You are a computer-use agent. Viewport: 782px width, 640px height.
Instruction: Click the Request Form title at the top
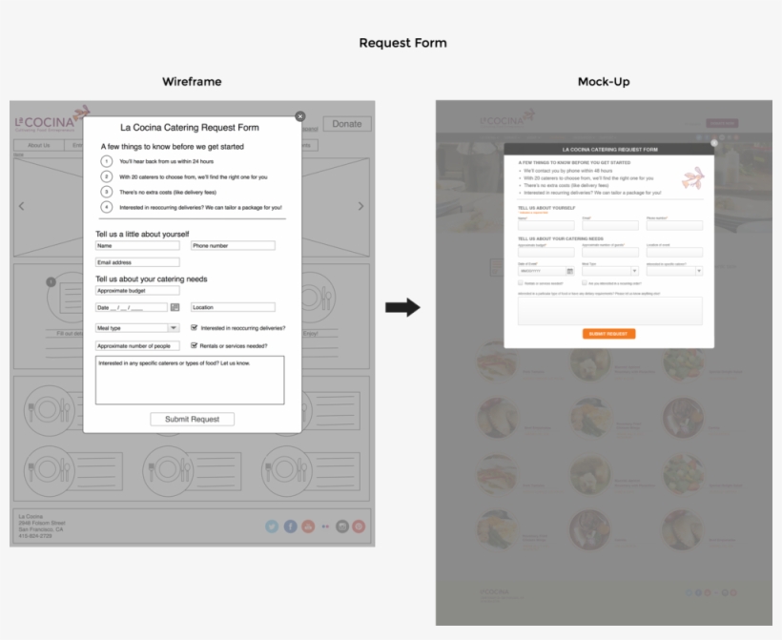tap(402, 43)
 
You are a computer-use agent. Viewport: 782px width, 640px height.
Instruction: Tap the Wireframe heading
tap(192, 82)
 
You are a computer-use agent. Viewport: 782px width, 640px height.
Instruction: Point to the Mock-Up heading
tap(604, 82)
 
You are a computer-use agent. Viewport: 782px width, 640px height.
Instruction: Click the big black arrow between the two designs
tap(402, 307)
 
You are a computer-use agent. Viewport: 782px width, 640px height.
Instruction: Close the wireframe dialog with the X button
tap(300, 116)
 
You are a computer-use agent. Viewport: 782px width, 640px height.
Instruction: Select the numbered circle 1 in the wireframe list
tap(107, 162)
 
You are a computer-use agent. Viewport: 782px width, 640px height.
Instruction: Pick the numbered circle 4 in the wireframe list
tap(107, 207)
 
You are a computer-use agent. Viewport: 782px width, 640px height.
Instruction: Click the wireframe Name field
tap(137, 246)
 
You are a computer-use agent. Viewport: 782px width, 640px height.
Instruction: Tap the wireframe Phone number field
tap(233, 246)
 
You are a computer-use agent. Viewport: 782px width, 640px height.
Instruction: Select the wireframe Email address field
tap(137, 262)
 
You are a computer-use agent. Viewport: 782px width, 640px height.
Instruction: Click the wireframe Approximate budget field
tap(137, 290)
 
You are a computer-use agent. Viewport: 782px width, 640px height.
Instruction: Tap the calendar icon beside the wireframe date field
tap(175, 307)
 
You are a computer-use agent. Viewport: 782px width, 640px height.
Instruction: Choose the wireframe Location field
tap(233, 307)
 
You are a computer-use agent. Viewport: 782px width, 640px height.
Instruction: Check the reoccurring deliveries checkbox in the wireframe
tap(195, 328)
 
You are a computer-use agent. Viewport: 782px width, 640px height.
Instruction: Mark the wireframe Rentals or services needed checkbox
tap(195, 346)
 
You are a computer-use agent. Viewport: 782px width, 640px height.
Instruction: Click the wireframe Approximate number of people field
tap(137, 346)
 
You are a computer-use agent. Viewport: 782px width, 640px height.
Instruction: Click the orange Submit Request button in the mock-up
tap(608, 334)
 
